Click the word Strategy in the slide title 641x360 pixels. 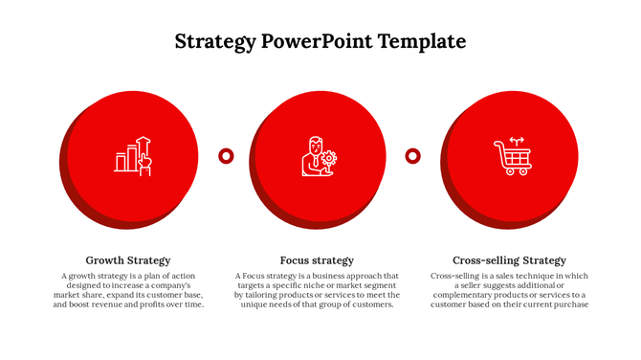point(215,41)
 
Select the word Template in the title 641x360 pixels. point(422,41)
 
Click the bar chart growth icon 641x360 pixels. point(132,155)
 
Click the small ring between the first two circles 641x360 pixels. point(226,155)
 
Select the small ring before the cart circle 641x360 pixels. point(412,155)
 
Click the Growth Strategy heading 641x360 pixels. point(128,260)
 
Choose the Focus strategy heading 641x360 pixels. point(317,260)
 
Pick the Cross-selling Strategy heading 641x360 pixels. point(509,260)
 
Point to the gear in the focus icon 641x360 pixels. point(329,157)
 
